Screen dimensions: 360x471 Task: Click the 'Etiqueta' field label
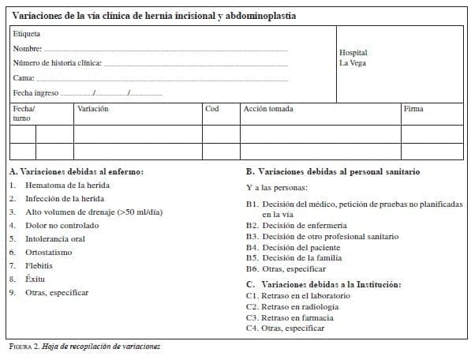(27, 35)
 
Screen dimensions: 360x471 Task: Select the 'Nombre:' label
(27, 49)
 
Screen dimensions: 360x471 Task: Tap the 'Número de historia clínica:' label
(58, 63)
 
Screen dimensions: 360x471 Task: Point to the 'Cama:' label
(23, 78)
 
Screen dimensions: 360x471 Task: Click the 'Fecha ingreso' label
(36, 93)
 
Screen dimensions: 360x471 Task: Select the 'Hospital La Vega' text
(353, 58)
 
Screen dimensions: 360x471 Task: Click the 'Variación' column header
(93, 109)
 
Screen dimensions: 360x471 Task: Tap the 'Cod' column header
(211, 109)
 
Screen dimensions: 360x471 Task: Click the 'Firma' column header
(413, 109)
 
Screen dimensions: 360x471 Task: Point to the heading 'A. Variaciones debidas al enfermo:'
(77, 171)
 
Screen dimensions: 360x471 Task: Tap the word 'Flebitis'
(39, 265)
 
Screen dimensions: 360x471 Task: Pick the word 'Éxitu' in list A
(36, 279)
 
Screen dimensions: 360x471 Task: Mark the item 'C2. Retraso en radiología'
(292, 306)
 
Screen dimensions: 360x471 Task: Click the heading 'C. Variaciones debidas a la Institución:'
(323, 284)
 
